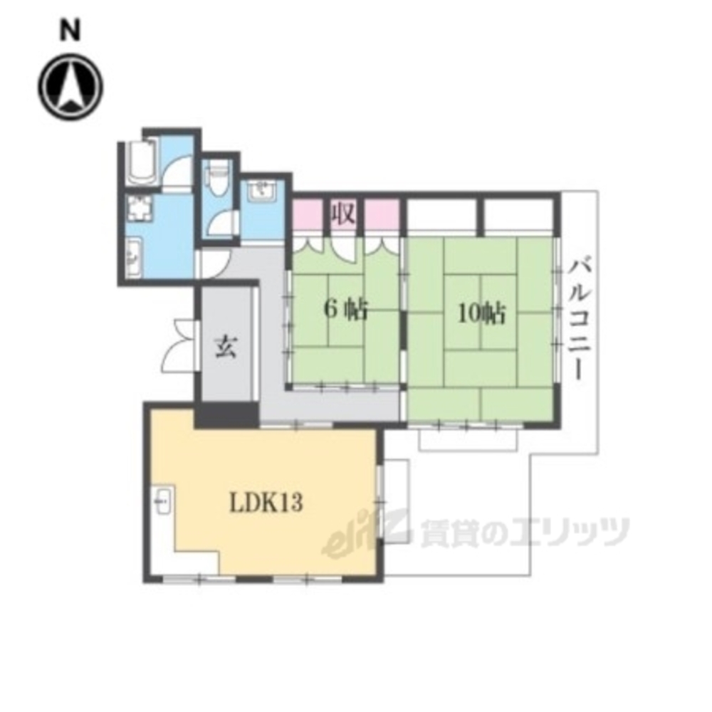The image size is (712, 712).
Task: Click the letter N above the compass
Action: (70, 31)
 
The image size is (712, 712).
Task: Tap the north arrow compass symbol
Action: (70, 86)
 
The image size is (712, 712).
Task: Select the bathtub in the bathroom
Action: (142, 161)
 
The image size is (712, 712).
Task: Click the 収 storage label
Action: (343, 212)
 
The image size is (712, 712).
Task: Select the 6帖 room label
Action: (345, 312)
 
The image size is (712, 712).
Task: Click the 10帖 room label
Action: (481, 314)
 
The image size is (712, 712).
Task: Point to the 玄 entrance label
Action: (226, 347)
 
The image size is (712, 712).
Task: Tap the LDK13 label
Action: (266, 503)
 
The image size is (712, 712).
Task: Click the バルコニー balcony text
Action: (579, 318)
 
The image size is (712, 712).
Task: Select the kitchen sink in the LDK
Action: (163, 501)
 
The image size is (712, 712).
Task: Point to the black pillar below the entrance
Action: (227, 414)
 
